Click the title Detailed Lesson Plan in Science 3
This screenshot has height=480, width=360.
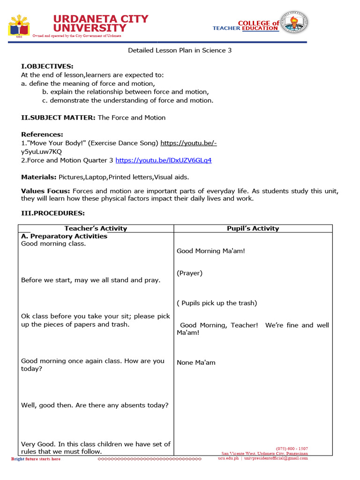(180, 50)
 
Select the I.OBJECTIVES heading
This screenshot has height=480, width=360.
(47, 67)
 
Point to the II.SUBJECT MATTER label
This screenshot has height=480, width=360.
(58, 118)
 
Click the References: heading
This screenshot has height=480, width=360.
(42, 135)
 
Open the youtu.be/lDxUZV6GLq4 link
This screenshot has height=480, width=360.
(163, 160)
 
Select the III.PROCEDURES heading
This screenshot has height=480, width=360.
(53, 213)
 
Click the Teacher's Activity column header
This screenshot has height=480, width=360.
(96, 229)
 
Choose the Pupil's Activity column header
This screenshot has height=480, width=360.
(253, 229)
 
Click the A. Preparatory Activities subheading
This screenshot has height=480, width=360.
(64, 236)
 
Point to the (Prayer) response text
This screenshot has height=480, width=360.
(189, 273)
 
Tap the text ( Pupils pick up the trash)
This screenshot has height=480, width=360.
(217, 303)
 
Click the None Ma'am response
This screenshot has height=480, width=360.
(196, 363)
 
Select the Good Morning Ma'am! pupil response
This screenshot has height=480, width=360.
(211, 251)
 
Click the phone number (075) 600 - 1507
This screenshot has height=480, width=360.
(292, 449)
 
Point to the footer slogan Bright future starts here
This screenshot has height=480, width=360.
(36, 459)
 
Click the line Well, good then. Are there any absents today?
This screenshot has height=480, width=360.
(95, 405)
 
